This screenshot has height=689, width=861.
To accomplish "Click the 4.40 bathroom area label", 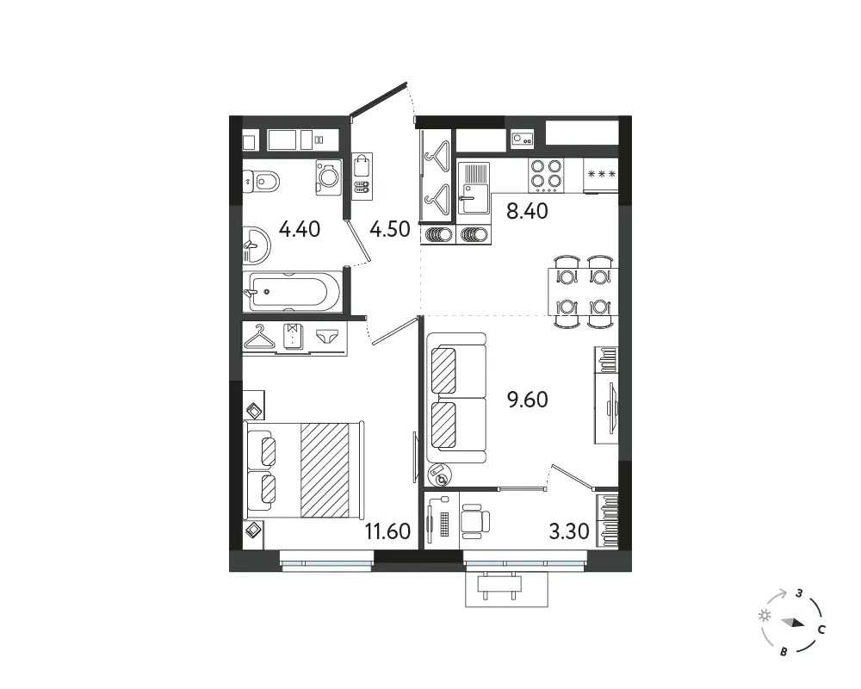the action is [300, 228].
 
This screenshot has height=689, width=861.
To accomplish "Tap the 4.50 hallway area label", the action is [390, 228].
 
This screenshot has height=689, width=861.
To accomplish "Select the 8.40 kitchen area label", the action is [527, 211].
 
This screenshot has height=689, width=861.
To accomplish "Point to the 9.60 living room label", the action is [527, 400].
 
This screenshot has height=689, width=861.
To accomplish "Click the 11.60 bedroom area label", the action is [387, 531].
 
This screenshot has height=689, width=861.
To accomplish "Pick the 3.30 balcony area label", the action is [569, 531].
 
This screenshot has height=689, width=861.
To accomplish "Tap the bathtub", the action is [290, 291].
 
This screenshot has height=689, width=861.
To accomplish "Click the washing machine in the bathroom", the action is [328, 177].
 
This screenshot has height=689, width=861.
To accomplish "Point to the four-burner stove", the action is [547, 176].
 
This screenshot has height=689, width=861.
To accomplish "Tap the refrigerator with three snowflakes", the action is [601, 175].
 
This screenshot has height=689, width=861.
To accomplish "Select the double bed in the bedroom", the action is [304, 469].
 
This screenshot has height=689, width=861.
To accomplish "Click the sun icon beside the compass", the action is [764, 616].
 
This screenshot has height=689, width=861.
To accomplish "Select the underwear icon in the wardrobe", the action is [328, 336].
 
